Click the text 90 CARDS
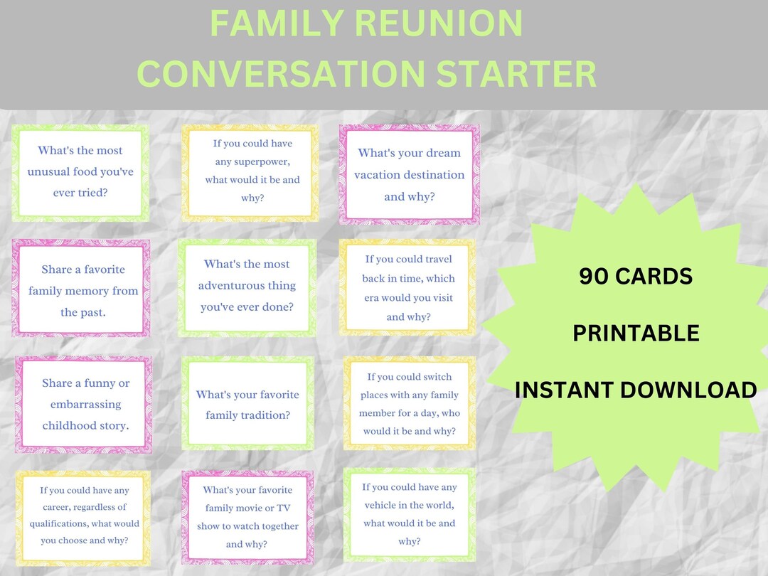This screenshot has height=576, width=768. coord(635,277)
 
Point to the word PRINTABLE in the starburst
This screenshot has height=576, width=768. coord(636,333)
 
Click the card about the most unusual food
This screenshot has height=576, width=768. coord(80,172)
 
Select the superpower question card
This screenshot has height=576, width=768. coord(250,171)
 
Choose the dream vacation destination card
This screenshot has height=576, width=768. coord(409,174)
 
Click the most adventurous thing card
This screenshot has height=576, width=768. coord(247,286)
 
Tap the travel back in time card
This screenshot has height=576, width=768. coord(408,288)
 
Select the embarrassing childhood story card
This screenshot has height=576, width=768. coord(85,405)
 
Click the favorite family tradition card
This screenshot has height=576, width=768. coord(247,405)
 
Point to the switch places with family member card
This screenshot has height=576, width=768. coord(409,404)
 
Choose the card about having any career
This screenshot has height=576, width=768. coord(84,515)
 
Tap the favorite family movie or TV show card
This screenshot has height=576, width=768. coord(247,517)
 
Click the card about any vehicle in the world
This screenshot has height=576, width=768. coord(409,514)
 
